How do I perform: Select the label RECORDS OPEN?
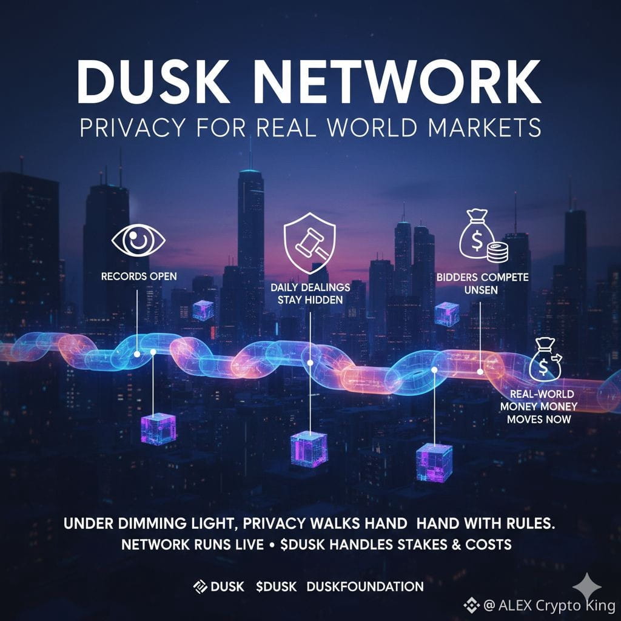[x=139, y=277]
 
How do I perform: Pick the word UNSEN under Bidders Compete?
[x=482, y=290]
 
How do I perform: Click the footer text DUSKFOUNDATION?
[x=365, y=586]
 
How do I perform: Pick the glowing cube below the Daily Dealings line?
[x=309, y=449]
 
